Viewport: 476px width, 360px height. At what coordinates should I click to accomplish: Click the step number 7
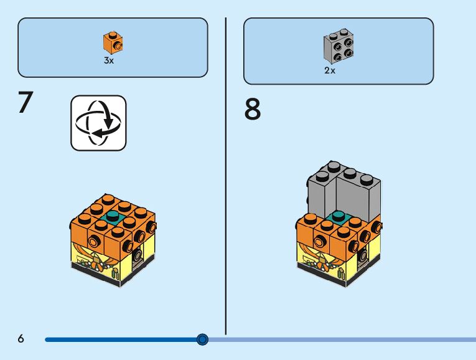(x=25, y=103)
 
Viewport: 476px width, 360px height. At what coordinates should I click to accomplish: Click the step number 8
(x=253, y=110)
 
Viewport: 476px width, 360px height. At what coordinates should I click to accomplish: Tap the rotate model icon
(x=98, y=123)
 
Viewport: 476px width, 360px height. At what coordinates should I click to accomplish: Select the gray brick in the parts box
(x=338, y=47)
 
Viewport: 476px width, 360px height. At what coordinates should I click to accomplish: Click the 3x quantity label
(x=109, y=62)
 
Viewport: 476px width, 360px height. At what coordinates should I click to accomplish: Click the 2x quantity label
(x=330, y=70)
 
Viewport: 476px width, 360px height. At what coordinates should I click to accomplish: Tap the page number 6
(x=21, y=339)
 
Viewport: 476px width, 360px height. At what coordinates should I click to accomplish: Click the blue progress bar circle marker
(x=202, y=339)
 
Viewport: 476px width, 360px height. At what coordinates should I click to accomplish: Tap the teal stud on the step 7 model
(x=113, y=217)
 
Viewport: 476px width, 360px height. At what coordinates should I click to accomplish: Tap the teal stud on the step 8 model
(x=338, y=216)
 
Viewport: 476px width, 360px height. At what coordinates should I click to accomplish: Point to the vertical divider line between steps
(x=225, y=174)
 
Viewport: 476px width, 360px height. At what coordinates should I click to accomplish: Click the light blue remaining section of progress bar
(x=342, y=339)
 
